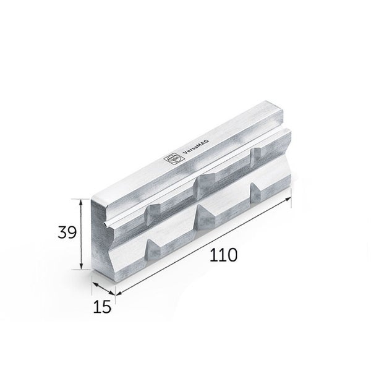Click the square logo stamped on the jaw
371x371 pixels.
170,159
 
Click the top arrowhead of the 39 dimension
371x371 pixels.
82,201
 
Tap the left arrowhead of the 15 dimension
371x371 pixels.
93,284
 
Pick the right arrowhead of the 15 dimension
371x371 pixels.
115,294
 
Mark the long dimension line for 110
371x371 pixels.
204,246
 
